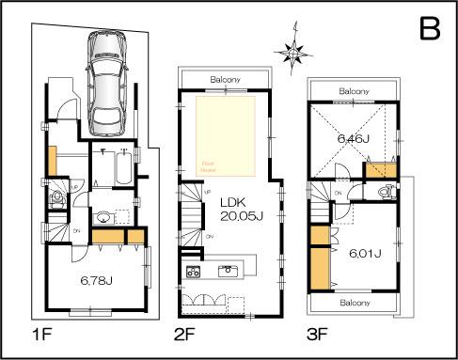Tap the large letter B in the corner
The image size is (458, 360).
429,29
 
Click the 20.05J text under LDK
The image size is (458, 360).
240,215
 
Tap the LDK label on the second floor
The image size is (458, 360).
233,201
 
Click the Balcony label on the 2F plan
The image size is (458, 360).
229,79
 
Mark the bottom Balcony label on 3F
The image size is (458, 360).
354,304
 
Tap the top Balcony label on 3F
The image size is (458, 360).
355,91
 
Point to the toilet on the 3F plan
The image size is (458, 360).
384,192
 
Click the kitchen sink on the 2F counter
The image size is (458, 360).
228,271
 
